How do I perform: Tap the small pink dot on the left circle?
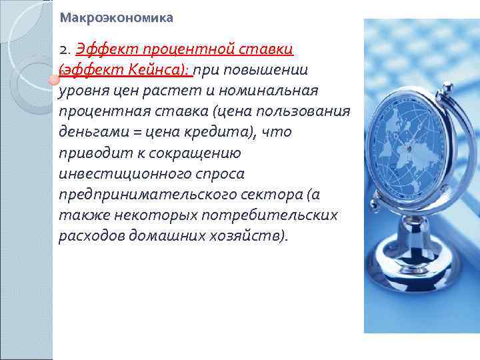pyautogui.click(x=51, y=80)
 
